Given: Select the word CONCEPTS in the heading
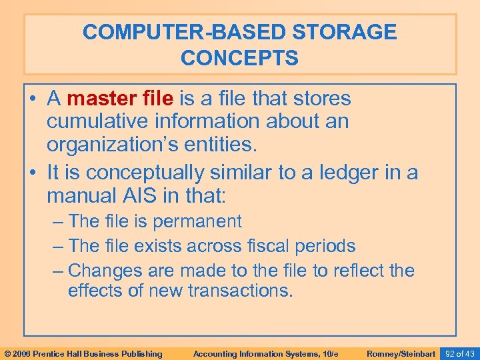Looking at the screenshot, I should point(239,58).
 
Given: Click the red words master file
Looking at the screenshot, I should point(120,99).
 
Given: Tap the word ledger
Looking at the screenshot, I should point(345,173).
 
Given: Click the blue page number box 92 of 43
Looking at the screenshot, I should point(460,353).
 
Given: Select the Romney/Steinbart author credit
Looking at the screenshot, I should point(401,353).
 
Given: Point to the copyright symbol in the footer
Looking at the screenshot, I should point(6,353).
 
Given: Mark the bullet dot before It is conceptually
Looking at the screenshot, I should point(33,173).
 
